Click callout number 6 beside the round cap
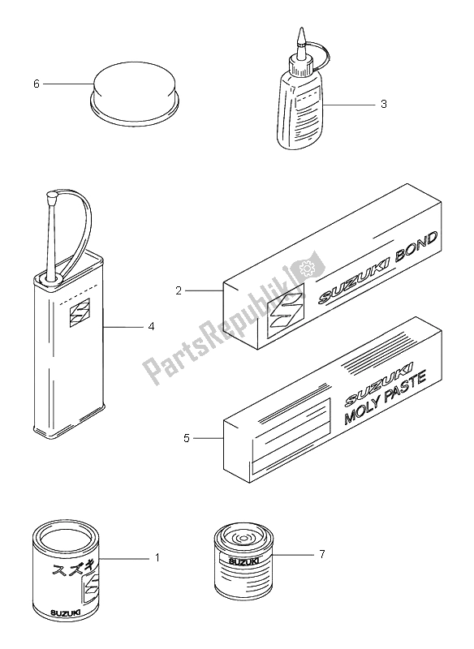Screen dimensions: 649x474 pyautogui.click(x=34, y=84)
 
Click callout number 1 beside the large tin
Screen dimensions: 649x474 pyautogui.click(x=156, y=558)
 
